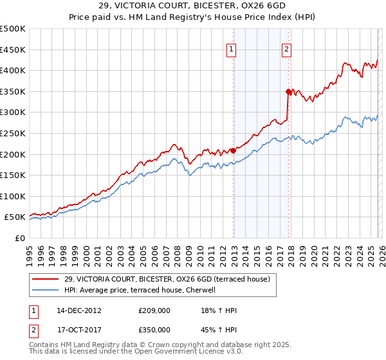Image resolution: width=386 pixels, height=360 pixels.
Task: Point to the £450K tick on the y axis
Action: click(x=13, y=50)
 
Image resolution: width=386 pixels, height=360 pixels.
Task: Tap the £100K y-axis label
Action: click(x=13, y=196)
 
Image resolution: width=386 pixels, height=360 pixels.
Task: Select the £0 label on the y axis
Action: click(x=19, y=238)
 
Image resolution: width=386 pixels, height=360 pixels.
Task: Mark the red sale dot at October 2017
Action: click(x=288, y=91)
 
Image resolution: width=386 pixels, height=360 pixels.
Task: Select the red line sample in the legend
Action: click(x=45, y=278)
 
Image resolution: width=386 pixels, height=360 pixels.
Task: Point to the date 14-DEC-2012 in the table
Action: click(x=80, y=310)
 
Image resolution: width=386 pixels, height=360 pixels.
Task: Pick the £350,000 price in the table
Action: click(x=154, y=329)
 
